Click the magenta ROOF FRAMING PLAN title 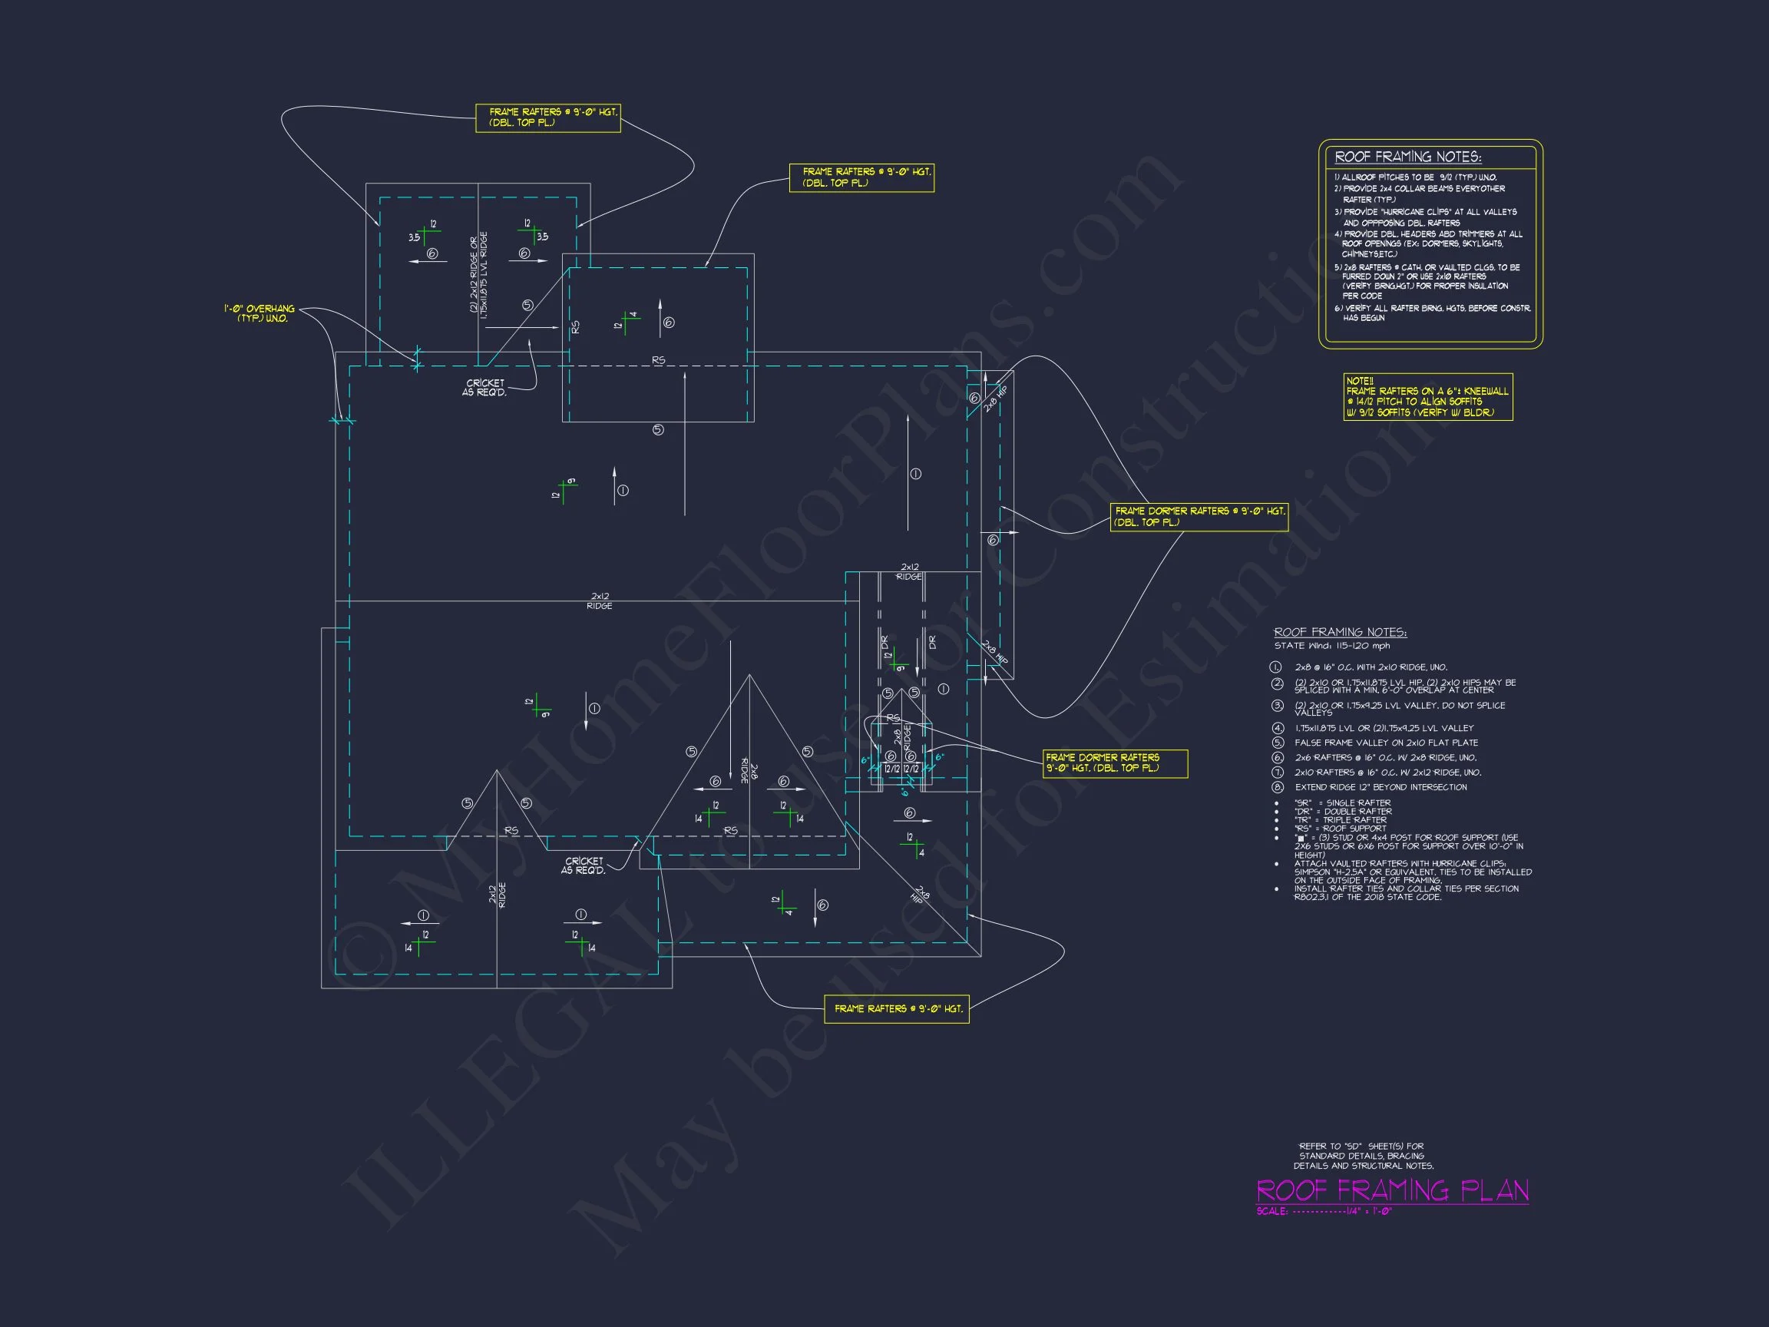click(1392, 1190)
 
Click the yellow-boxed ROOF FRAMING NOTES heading click(1407, 157)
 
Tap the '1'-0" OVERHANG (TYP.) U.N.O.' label click(260, 313)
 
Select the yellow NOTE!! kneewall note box click(1427, 397)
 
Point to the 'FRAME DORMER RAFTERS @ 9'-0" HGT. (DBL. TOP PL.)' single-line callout click(1199, 517)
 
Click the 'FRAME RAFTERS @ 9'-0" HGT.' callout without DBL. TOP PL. click(897, 1008)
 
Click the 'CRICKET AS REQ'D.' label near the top click(484, 388)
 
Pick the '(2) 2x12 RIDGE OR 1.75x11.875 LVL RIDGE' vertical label click(478, 273)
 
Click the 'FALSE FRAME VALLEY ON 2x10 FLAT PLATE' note click(1386, 743)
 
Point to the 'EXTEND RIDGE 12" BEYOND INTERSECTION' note click(1380, 787)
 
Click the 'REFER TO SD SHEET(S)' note click(1364, 1156)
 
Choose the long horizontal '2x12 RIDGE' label click(600, 601)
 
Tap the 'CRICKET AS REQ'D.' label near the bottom click(584, 865)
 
